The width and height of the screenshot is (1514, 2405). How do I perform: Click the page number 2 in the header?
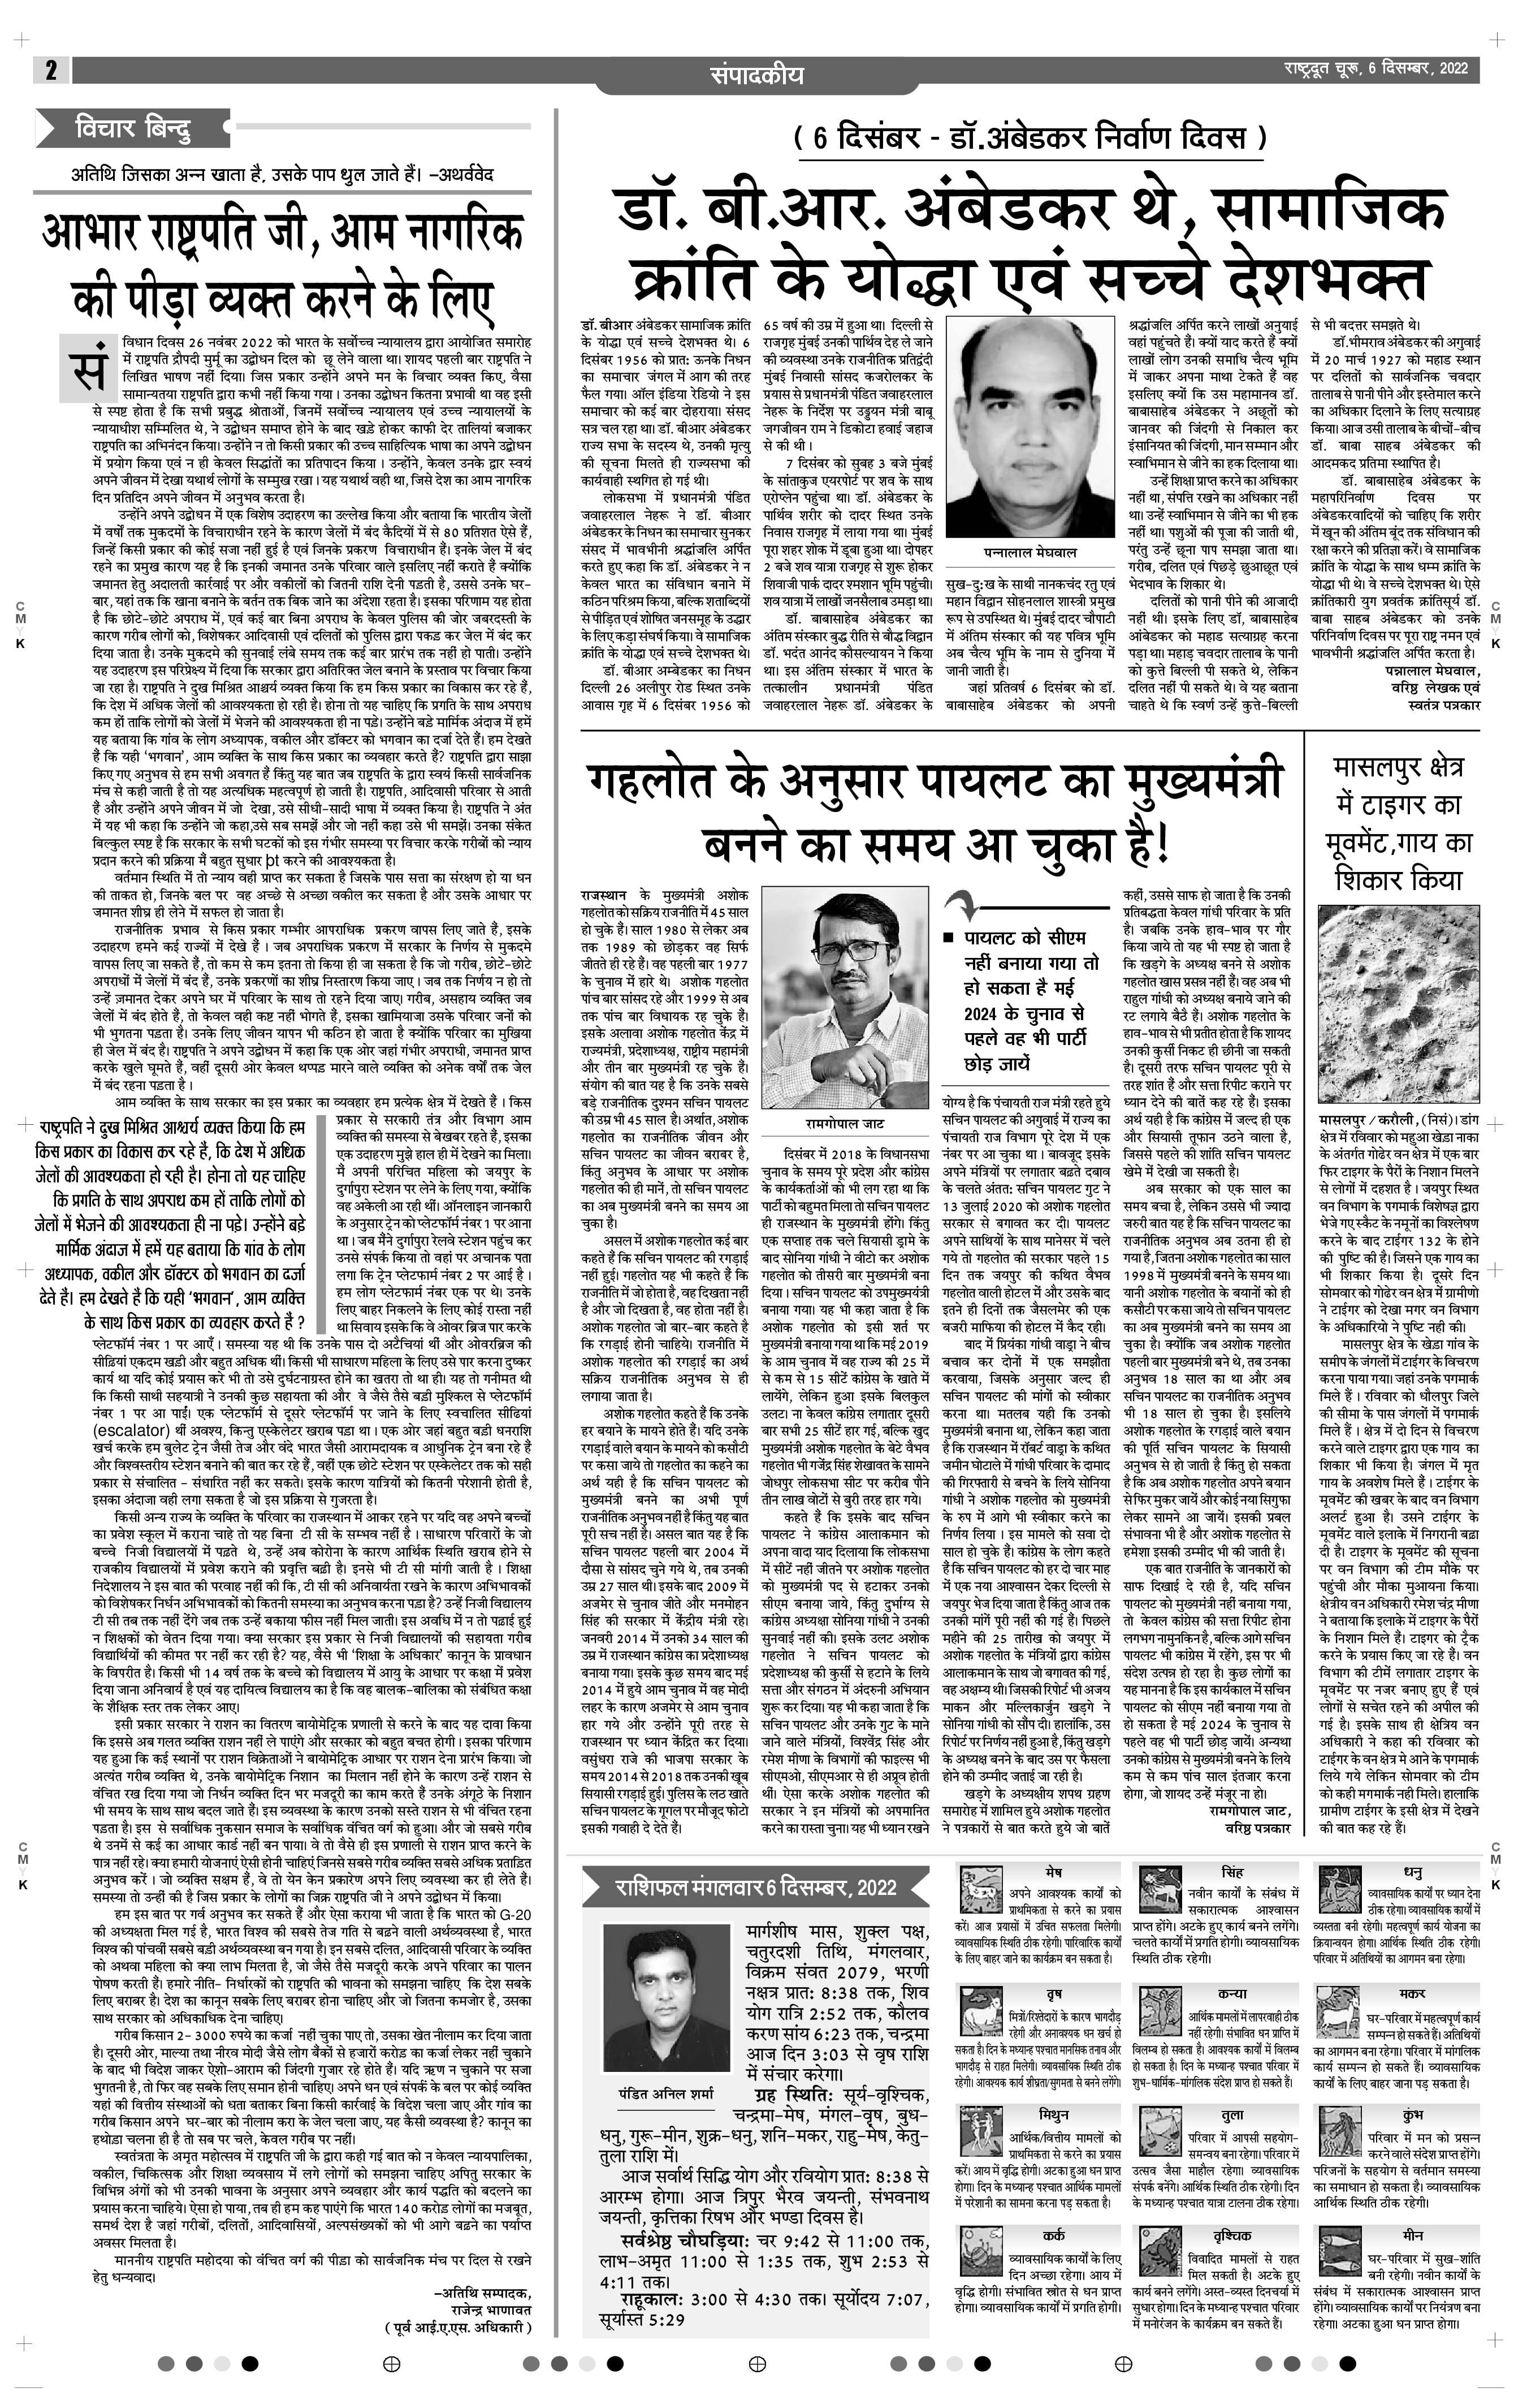tap(50, 70)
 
